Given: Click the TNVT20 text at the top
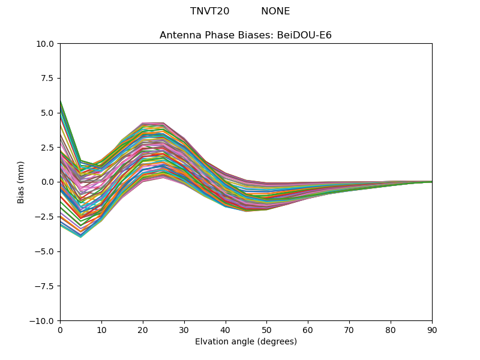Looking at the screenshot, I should [x=209, y=11].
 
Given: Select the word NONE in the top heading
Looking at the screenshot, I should [x=275, y=11].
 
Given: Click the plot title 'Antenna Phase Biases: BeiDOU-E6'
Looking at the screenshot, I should [x=245, y=35].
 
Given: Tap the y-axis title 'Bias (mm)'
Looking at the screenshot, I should [x=21, y=182].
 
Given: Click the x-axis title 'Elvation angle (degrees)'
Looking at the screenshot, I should [x=245, y=342].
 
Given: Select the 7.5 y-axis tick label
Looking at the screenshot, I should [x=48, y=78].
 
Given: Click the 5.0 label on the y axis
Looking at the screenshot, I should [x=48, y=113].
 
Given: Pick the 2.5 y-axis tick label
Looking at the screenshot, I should [x=48, y=148].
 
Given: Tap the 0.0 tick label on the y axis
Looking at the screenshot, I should [x=48, y=182].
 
